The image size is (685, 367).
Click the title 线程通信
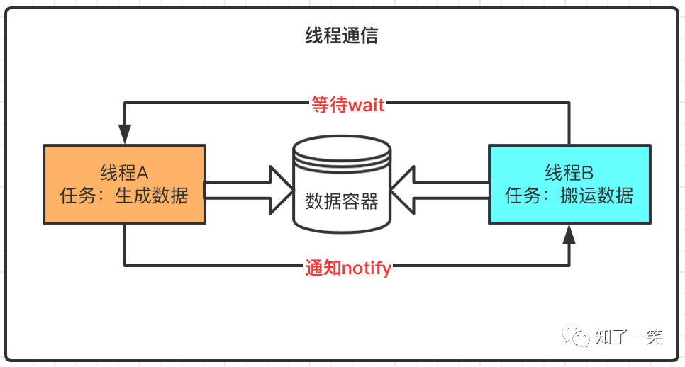click(342, 36)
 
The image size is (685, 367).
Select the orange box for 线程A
click(125, 184)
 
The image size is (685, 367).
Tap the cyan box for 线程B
click(569, 184)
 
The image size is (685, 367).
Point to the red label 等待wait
click(347, 105)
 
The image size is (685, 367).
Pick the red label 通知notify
click(348, 268)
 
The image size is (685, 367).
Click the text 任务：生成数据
click(125, 196)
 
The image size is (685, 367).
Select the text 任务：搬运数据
click(569, 196)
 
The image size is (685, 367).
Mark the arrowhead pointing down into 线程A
click(125, 134)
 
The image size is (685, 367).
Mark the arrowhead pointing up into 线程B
click(569, 235)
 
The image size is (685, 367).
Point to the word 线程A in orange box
click(125, 173)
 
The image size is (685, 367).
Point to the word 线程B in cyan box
click(569, 173)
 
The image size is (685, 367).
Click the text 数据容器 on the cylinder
click(342, 201)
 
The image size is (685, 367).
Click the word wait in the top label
click(366, 105)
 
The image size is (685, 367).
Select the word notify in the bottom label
click(367, 268)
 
